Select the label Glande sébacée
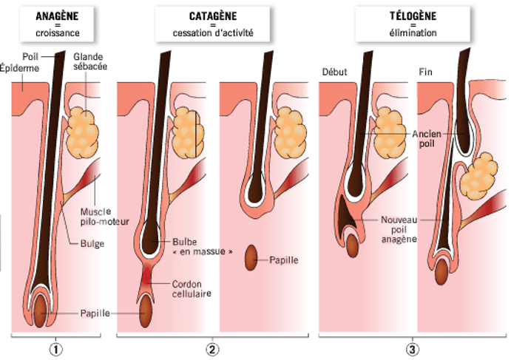(88, 63)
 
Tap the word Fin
(426, 72)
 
